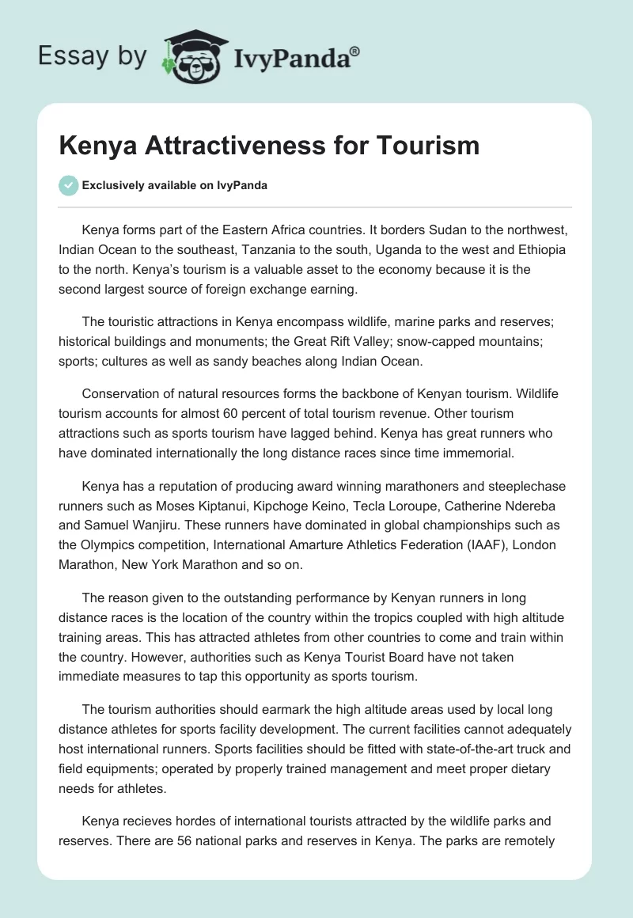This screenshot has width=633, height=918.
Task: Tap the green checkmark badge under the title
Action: click(x=68, y=185)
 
